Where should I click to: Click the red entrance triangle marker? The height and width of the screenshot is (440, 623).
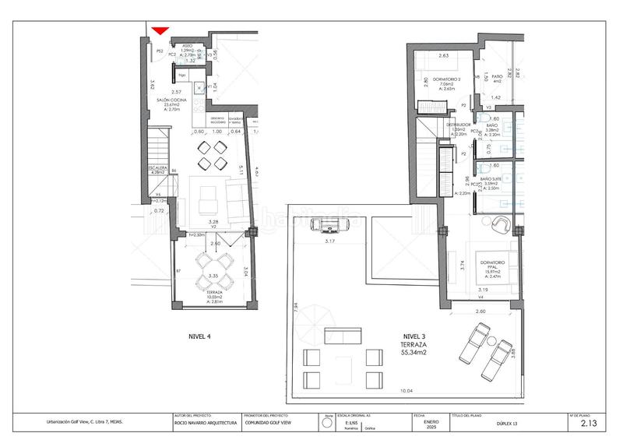[x=160, y=30]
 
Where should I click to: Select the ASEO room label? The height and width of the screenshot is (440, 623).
[x=188, y=47]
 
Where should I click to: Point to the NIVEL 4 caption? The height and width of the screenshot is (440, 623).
[x=200, y=336]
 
